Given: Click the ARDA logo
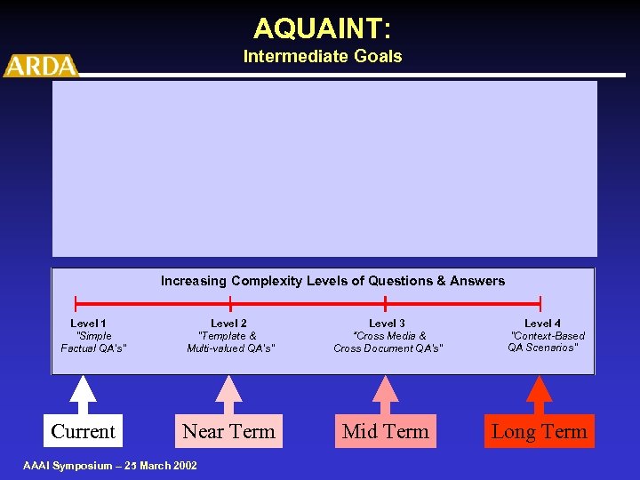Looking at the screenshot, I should [41, 66].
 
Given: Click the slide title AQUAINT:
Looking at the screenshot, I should [322, 28].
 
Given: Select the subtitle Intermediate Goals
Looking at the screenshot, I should [322, 57].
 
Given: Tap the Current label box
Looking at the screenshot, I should [83, 432].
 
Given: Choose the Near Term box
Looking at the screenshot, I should [228, 432].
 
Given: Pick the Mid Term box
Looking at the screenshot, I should [385, 432].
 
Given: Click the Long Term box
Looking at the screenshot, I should [539, 432].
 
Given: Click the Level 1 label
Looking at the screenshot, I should [88, 324].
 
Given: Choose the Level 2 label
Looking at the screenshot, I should [228, 324].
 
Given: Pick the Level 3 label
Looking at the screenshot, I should [387, 324].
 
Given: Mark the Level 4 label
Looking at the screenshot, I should [542, 324].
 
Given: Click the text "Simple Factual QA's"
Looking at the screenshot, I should [93, 342].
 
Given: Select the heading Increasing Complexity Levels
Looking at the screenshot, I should [332, 281].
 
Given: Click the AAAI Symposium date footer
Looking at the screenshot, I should [111, 466].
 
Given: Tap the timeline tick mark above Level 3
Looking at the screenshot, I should [385, 303].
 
